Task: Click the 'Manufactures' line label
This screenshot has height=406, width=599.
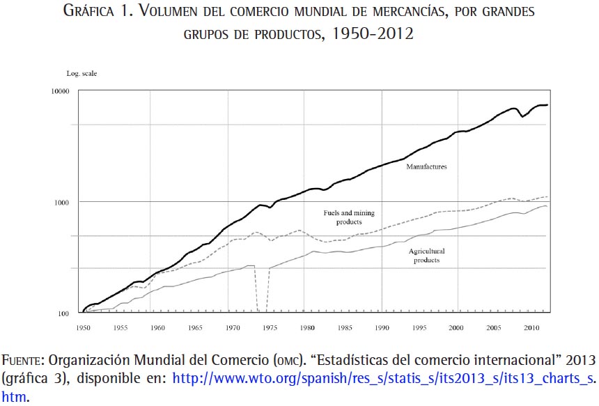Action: [x=426, y=167]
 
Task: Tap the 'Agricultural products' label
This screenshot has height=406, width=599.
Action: [x=426, y=256]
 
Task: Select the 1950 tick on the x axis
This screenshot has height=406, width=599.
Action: [x=83, y=326]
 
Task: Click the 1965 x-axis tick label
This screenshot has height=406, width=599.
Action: [x=195, y=326]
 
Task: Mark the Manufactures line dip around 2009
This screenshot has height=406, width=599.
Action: [x=522, y=116]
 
